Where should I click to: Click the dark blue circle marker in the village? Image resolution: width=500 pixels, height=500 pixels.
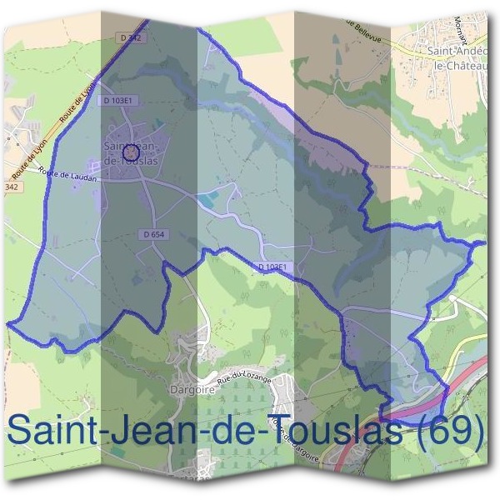[x=130, y=152]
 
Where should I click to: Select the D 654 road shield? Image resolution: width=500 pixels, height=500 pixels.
[x=154, y=235]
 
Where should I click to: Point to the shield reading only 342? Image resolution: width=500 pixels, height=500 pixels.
[x=11, y=187]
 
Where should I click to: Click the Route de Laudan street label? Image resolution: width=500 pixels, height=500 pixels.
[x=74, y=177]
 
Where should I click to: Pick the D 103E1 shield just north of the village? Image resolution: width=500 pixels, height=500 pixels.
[x=120, y=100]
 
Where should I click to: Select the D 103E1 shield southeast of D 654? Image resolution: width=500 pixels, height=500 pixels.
[x=272, y=266]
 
